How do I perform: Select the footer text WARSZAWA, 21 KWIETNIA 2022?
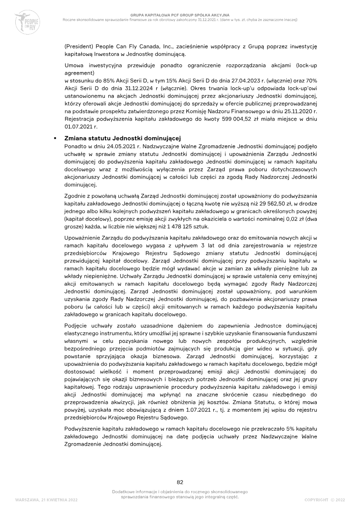(46, 500)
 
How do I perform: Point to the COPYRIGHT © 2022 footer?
(325, 500)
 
